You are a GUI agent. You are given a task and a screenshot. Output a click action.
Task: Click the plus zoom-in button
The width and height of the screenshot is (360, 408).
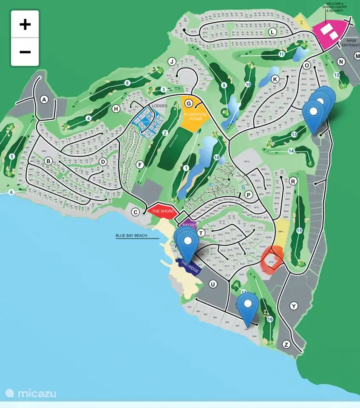coord(25,24)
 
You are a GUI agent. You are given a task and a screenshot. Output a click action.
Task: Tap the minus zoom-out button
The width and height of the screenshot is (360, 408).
coord(25,52)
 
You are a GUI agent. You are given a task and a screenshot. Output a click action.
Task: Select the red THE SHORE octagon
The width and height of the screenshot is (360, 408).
coord(161,211)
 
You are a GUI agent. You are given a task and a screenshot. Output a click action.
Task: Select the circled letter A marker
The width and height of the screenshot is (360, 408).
coord(44,99)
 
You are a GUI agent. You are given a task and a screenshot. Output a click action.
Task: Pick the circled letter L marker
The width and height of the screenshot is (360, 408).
coord(272,32)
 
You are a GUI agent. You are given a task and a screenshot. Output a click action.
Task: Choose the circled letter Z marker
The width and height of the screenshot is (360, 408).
coord(286,344)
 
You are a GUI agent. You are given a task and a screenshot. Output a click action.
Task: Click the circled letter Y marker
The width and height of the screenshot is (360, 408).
coord(294,306)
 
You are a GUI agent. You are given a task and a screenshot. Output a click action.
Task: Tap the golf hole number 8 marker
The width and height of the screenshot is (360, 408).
coord(127,83)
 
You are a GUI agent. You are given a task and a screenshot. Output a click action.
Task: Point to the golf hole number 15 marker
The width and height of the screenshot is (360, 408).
coord(299,230)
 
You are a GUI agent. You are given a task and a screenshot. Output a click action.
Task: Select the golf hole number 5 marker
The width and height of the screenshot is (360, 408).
coord(11,156)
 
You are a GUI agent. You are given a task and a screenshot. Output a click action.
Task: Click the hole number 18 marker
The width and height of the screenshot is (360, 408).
coord(217,158)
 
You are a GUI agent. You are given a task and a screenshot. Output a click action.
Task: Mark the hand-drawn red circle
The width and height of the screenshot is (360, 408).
coord(272,258)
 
